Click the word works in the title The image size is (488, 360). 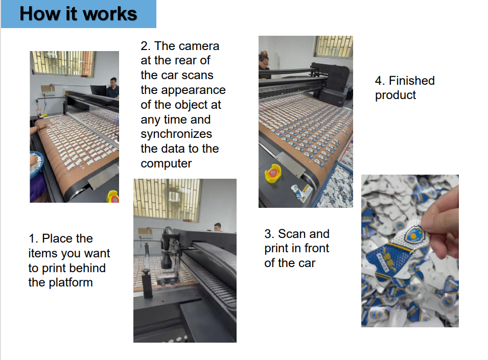pyautogui.click(x=110, y=14)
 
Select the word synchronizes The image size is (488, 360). pyautogui.click(x=176, y=134)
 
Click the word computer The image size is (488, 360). pyautogui.click(x=166, y=163)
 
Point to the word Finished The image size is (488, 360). pyautogui.click(x=412, y=81)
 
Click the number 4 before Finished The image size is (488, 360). pyautogui.click(x=379, y=81)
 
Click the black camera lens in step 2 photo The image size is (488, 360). pyautogui.click(x=167, y=260)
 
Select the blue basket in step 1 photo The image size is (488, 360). pyautogui.click(x=36, y=165)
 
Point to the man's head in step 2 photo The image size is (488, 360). pyautogui.click(x=218, y=227)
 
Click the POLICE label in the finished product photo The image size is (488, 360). pyautogui.click(x=383, y=262)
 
